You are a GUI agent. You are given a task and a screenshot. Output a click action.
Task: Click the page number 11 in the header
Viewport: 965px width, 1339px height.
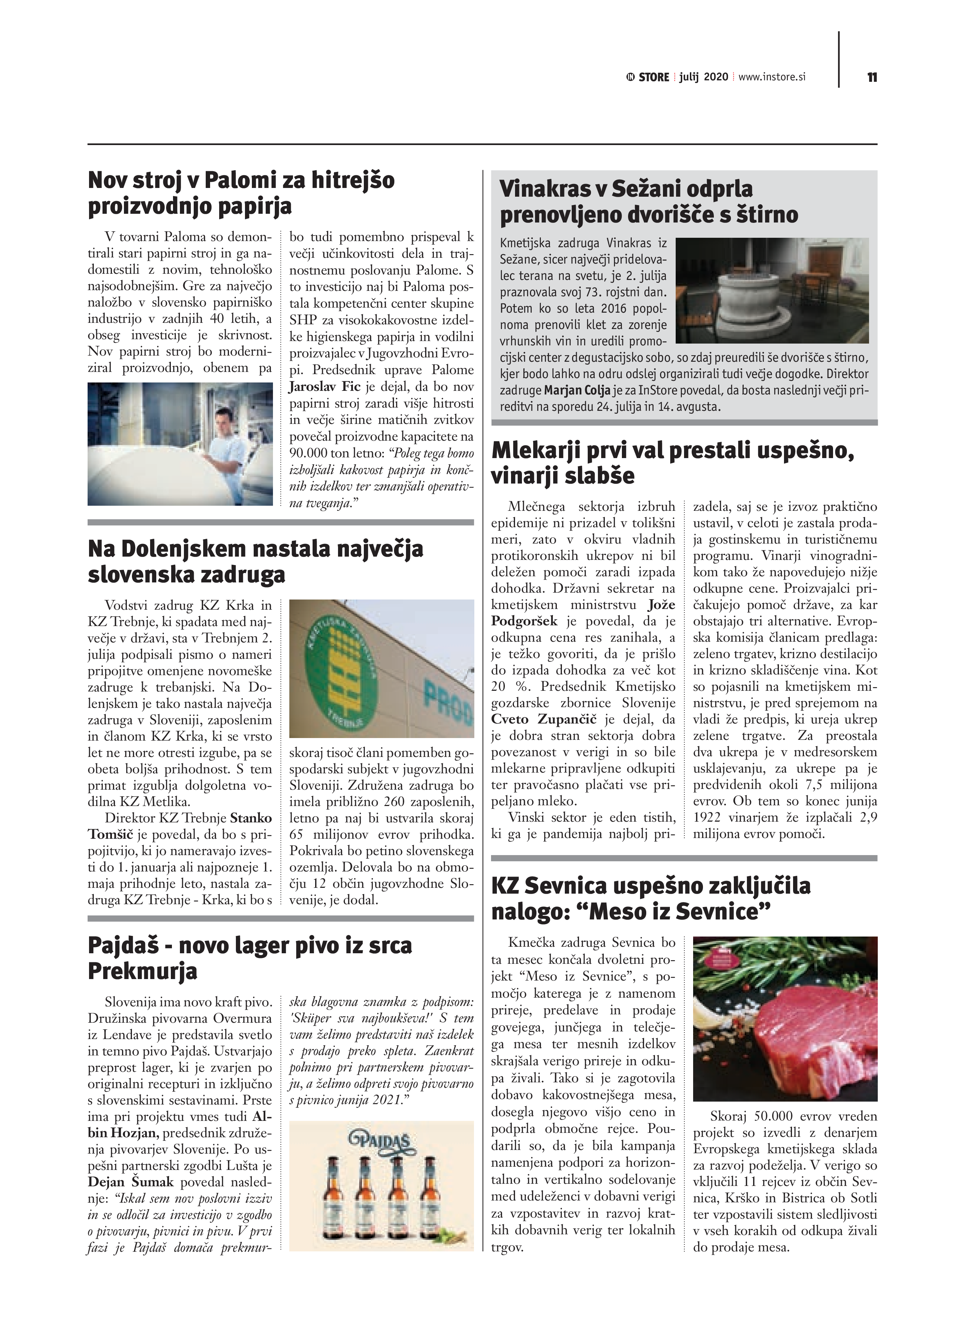[872, 77]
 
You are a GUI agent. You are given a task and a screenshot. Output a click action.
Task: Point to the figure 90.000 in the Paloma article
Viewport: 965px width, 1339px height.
[309, 453]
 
